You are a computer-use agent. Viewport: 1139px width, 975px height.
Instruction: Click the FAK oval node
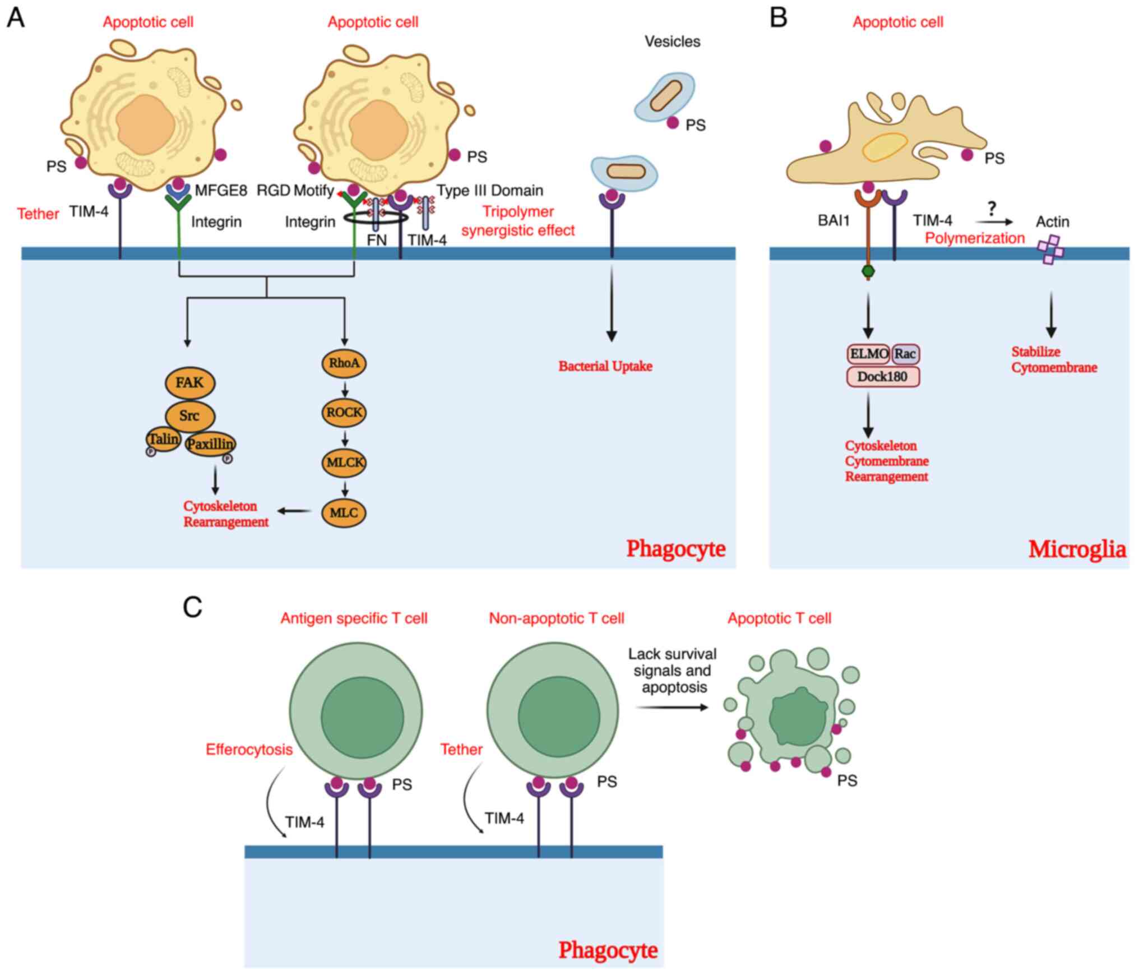click(190, 383)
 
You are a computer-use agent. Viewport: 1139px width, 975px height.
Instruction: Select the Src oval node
click(189, 415)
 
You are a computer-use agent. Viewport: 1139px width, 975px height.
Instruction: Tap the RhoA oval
click(344, 363)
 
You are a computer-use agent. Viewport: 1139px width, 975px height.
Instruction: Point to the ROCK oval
click(344, 412)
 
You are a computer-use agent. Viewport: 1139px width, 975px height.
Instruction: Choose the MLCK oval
click(344, 463)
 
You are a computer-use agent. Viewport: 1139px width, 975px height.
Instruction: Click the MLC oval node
click(344, 512)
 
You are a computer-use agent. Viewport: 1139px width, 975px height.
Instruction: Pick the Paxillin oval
click(210, 444)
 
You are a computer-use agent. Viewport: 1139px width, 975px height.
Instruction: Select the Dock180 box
click(882, 376)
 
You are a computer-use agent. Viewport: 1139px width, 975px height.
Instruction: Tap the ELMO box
click(868, 354)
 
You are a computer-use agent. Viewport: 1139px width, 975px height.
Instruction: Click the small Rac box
click(905, 354)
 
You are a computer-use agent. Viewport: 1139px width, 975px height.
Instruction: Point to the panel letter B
click(779, 17)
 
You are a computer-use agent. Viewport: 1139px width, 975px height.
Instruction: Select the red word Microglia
click(1077, 549)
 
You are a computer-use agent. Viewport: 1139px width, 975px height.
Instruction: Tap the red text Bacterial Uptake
click(605, 366)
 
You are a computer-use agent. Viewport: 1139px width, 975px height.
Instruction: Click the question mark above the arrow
click(992, 209)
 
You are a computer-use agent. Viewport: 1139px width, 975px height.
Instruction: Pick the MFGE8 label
click(221, 191)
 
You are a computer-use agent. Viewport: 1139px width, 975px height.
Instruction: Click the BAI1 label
click(834, 220)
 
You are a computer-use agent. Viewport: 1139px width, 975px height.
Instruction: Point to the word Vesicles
click(672, 41)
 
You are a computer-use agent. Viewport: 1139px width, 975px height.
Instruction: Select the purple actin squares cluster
click(1050, 249)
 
